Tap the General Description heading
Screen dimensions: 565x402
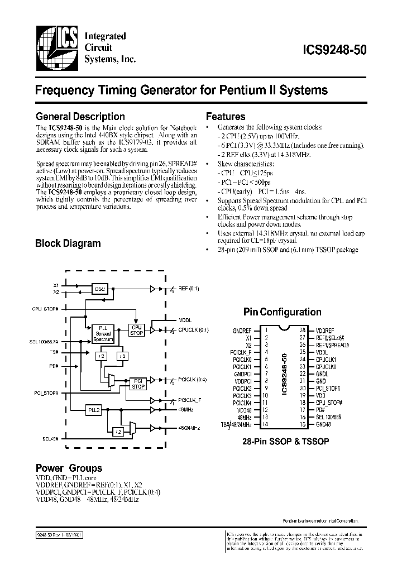tap(80, 117)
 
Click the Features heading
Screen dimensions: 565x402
tap(226, 117)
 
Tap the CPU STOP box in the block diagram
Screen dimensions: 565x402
tap(136, 329)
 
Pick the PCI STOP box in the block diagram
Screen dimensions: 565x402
tap(138, 382)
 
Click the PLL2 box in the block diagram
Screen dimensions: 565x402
tap(93, 410)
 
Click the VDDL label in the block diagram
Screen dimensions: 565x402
tap(185, 320)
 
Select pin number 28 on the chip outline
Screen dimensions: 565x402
tap(302, 329)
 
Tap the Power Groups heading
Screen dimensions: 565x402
tap(69, 468)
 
